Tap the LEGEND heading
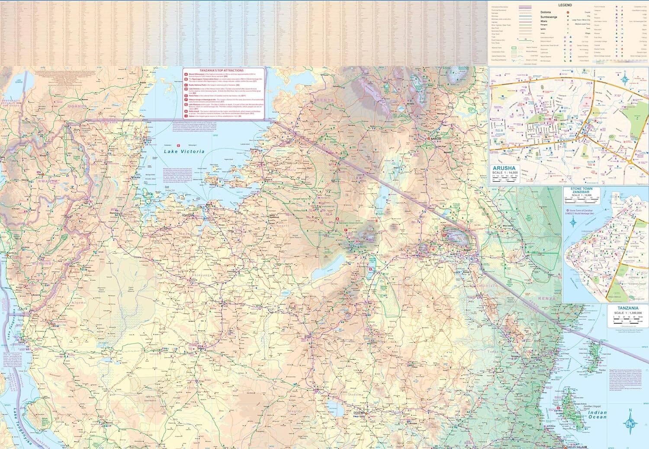coord(565,5)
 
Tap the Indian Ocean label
coord(597,415)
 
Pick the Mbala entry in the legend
coord(545,21)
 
